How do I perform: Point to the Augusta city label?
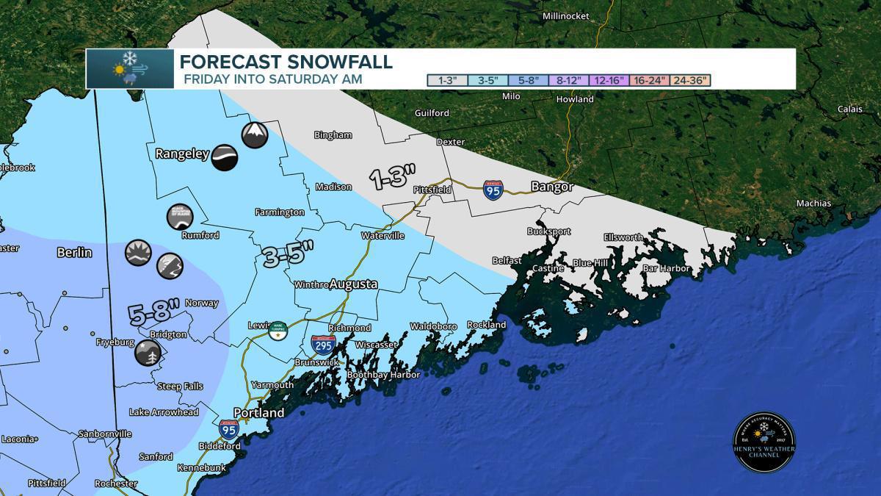click(353, 284)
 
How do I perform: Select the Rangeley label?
click(182, 154)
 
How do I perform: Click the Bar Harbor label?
click(666, 269)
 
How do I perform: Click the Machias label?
click(814, 204)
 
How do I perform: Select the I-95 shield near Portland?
click(228, 428)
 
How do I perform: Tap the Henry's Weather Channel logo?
click(764, 442)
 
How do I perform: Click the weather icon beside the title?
click(129, 68)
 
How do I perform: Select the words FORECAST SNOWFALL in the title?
click(286, 62)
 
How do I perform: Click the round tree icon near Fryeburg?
click(147, 353)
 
